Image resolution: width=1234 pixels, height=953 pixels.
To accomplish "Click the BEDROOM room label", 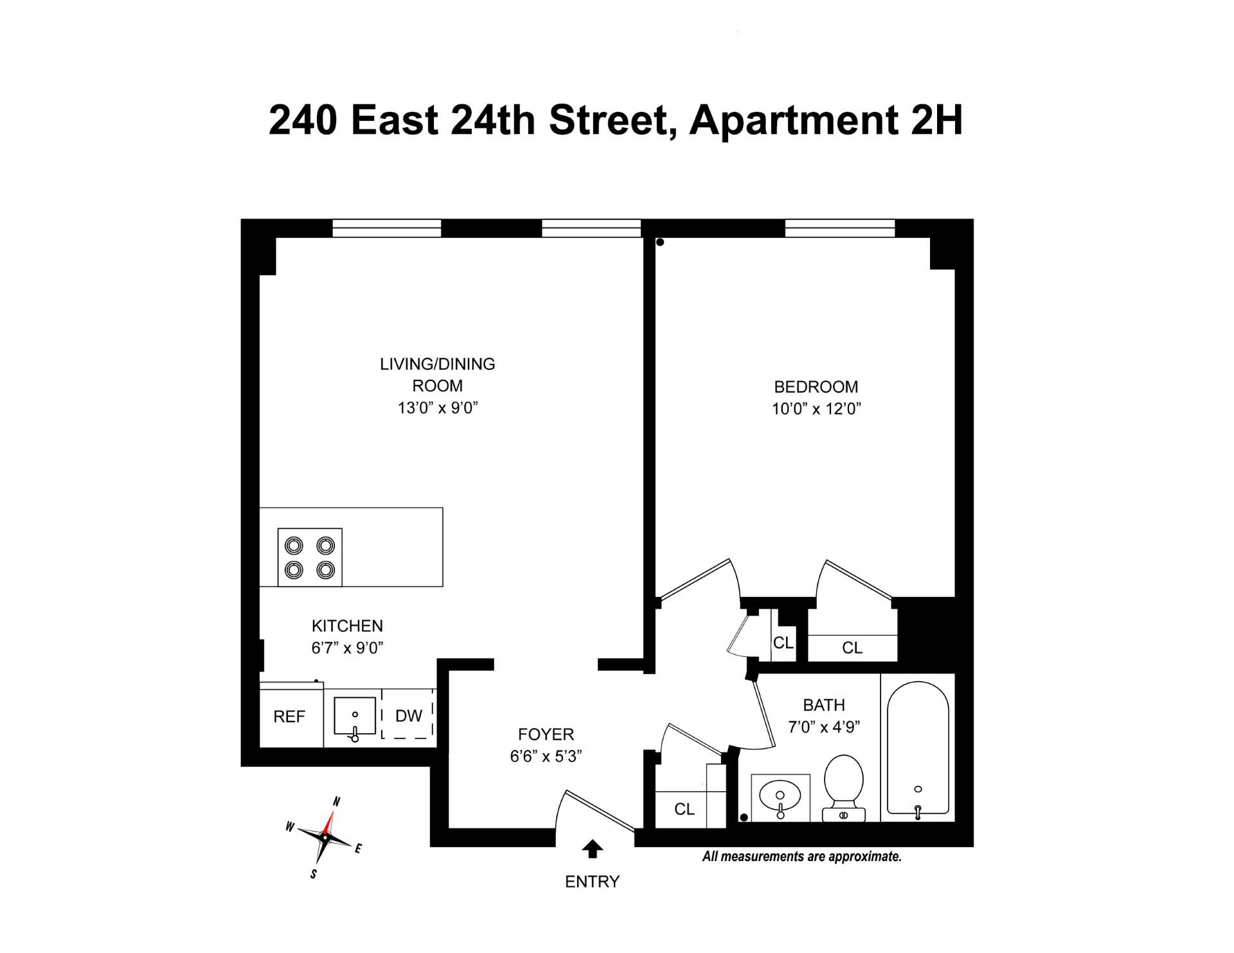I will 816,387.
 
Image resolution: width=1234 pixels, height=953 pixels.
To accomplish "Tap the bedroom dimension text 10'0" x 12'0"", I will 816,409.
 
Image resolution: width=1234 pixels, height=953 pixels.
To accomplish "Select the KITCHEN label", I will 347,626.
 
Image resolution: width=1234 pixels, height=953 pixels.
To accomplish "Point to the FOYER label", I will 546,734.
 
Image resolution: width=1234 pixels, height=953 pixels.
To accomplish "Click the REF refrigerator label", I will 289,717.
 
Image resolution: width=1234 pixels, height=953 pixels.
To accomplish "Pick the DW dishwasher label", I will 409,716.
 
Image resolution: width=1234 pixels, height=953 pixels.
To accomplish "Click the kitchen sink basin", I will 355,715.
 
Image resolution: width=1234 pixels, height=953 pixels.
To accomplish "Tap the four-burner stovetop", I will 310,557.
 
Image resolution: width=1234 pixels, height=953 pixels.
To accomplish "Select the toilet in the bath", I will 843,788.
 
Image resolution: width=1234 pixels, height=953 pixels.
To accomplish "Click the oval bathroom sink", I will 780,797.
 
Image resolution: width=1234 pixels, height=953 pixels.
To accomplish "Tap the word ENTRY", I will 592,882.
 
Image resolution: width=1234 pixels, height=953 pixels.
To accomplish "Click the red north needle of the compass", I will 330,822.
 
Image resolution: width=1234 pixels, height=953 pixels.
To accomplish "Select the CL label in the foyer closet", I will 684,809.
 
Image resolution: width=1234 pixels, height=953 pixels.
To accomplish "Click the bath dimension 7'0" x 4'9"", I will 824,727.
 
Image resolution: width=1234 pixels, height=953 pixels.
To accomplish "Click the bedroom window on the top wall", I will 839,228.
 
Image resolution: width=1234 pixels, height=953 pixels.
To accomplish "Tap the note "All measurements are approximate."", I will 801,857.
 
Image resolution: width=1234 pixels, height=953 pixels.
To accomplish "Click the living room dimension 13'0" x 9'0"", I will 438,408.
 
